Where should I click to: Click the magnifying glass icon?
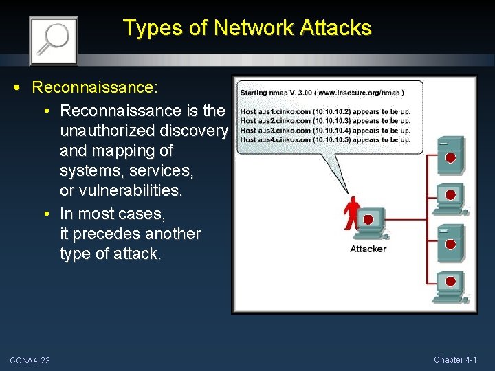pyautogui.click(x=53, y=40)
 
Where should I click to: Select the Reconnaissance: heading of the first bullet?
pyautogui.click(x=96, y=88)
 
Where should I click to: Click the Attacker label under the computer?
pyautogui.click(x=368, y=249)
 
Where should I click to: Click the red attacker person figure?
pyautogui.click(x=352, y=214)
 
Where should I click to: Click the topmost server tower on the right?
pyautogui.click(x=450, y=157)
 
